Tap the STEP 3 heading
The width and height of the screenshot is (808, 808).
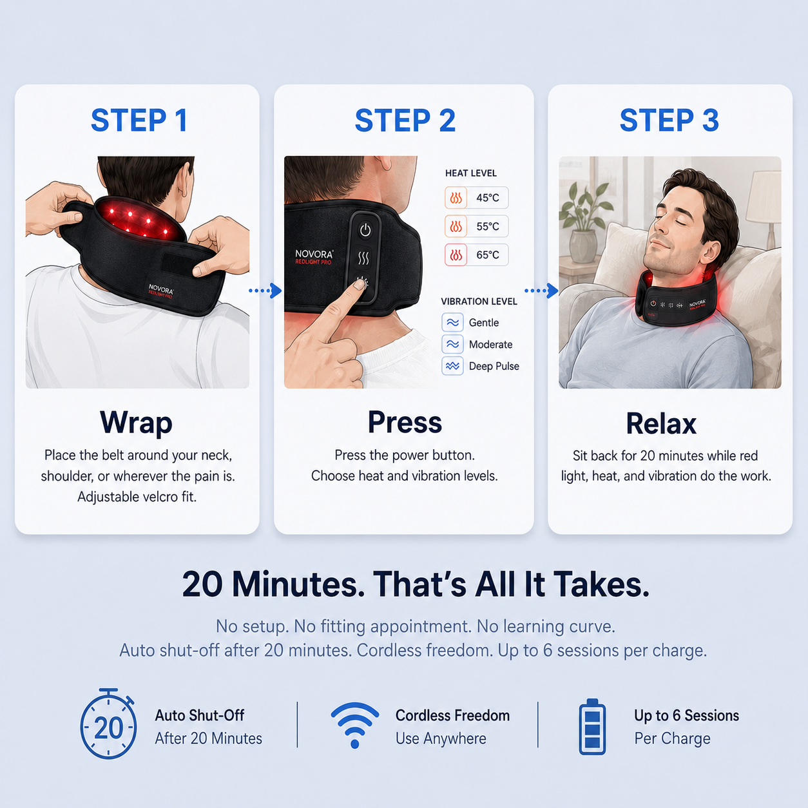[x=669, y=120]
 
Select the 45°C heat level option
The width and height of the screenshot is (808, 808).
[x=476, y=198]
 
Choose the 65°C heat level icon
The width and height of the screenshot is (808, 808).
[x=456, y=255]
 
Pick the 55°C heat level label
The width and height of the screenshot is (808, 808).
[x=488, y=226]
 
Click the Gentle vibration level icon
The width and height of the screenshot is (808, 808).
[x=452, y=322]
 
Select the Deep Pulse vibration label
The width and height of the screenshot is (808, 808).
[x=494, y=366]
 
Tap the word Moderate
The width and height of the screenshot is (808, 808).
[x=490, y=344]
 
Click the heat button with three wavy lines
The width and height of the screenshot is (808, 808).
[x=363, y=258]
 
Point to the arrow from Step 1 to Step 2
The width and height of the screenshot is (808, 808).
[x=265, y=291]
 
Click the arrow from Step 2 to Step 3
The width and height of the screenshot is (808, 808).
[x=541, y=291]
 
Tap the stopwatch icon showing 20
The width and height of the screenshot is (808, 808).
[x=108, y=724]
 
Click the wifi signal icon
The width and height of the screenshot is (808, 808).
[x=355, y=725]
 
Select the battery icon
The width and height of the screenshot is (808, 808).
[x=592, y=727]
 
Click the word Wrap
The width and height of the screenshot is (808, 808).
[x=136, y=423]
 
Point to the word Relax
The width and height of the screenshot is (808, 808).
[x=661, y=423]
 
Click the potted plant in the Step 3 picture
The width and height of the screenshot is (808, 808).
[x=583, y=222]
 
